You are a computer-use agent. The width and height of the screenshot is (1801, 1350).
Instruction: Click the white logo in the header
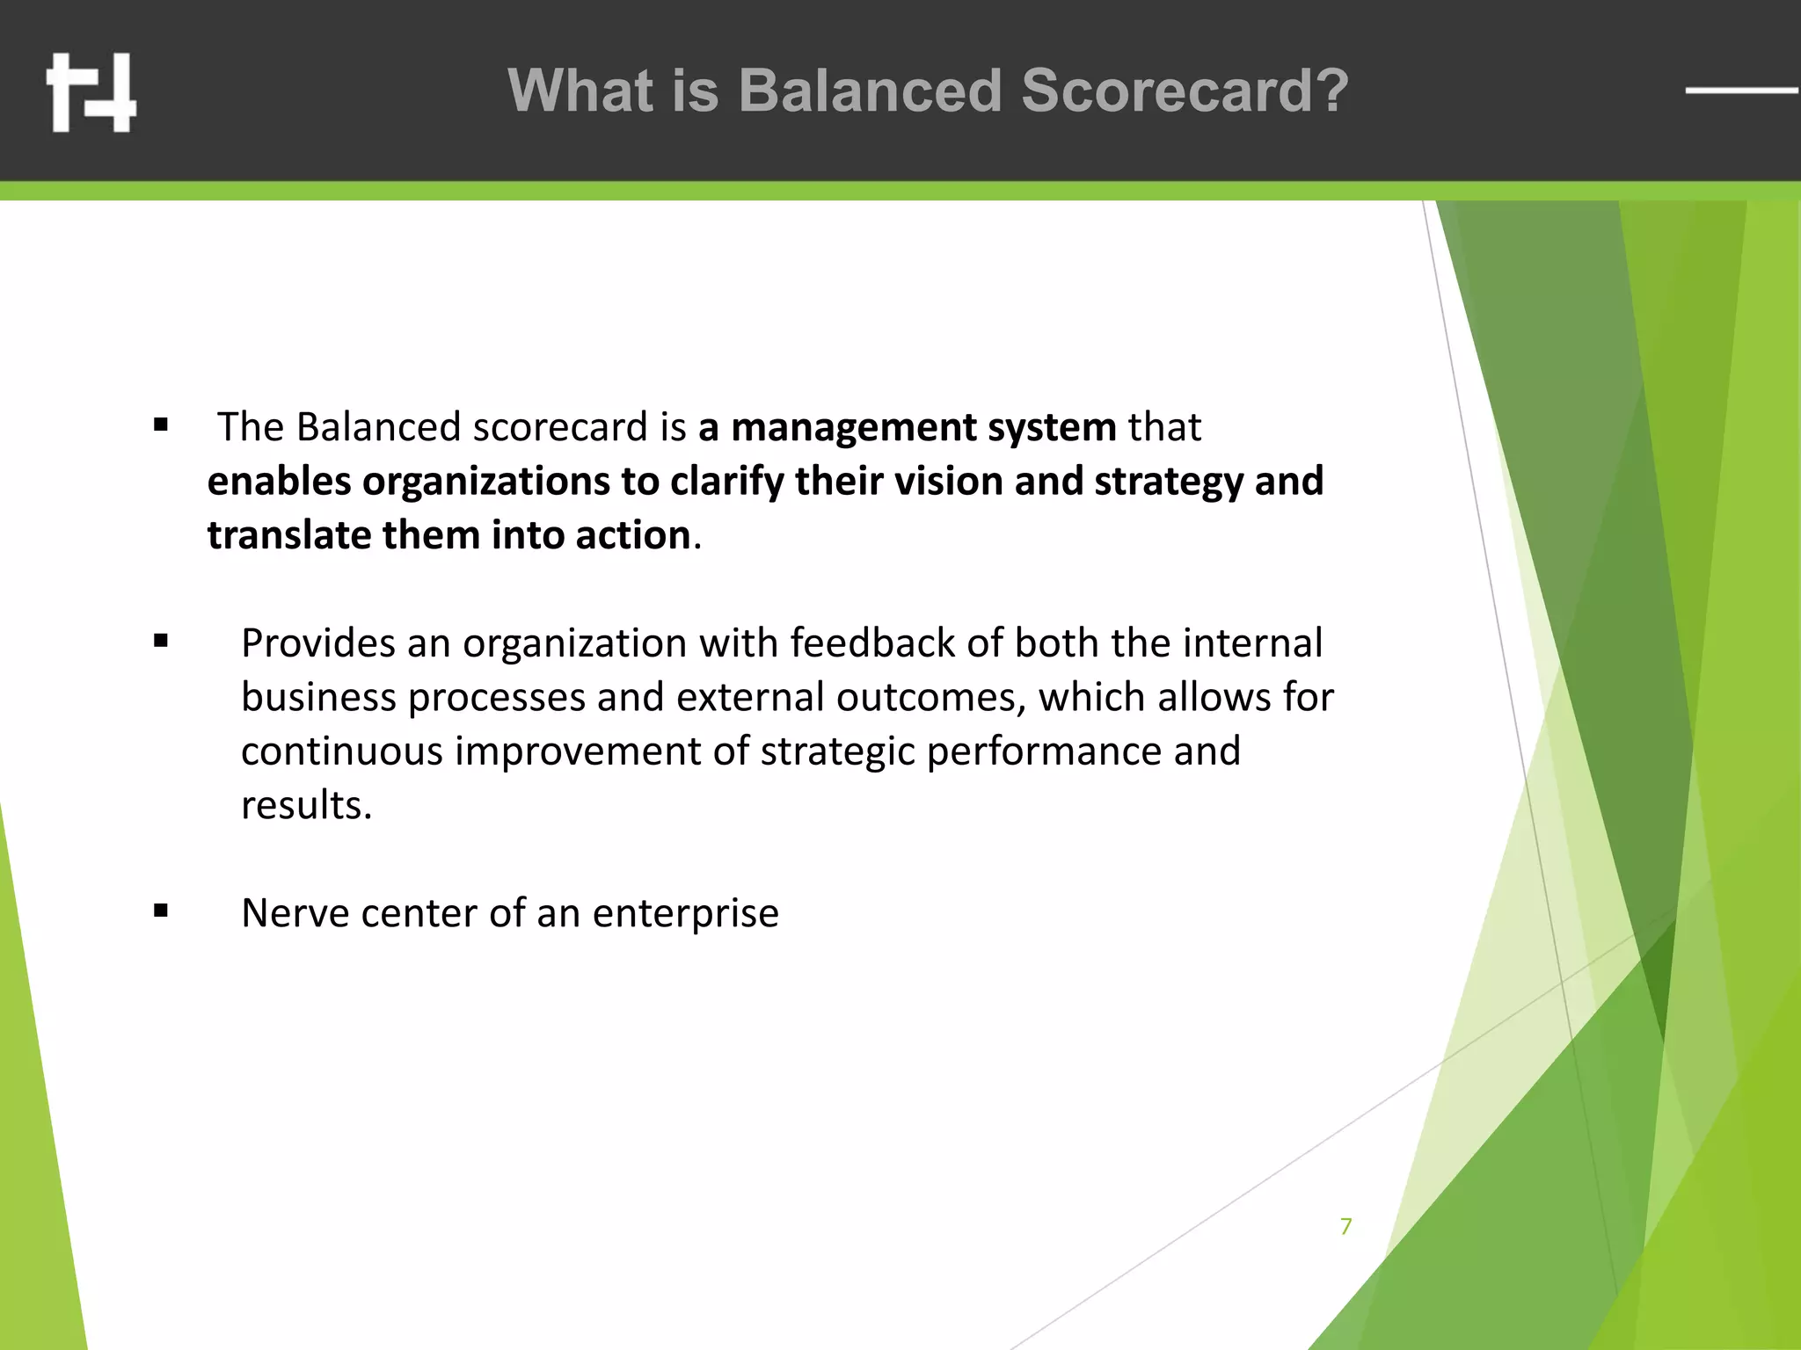[91, 92]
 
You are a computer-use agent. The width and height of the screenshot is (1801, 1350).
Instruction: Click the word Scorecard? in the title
[1184, 91]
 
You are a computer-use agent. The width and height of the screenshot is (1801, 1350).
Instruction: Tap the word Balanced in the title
[869, 91]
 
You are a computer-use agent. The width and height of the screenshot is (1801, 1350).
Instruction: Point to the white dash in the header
[1741, 90]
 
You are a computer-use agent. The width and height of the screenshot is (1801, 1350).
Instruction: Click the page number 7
[1345, 1226]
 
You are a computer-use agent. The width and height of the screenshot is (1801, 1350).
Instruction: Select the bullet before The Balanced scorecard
[160, 426]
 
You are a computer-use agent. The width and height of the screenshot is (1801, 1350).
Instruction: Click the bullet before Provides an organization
[160, 642]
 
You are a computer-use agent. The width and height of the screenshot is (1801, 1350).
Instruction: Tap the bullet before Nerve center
[160, 911]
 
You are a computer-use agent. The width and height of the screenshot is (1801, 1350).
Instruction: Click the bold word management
[853, 428]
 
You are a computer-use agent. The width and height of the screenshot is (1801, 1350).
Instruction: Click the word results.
[306, 805]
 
